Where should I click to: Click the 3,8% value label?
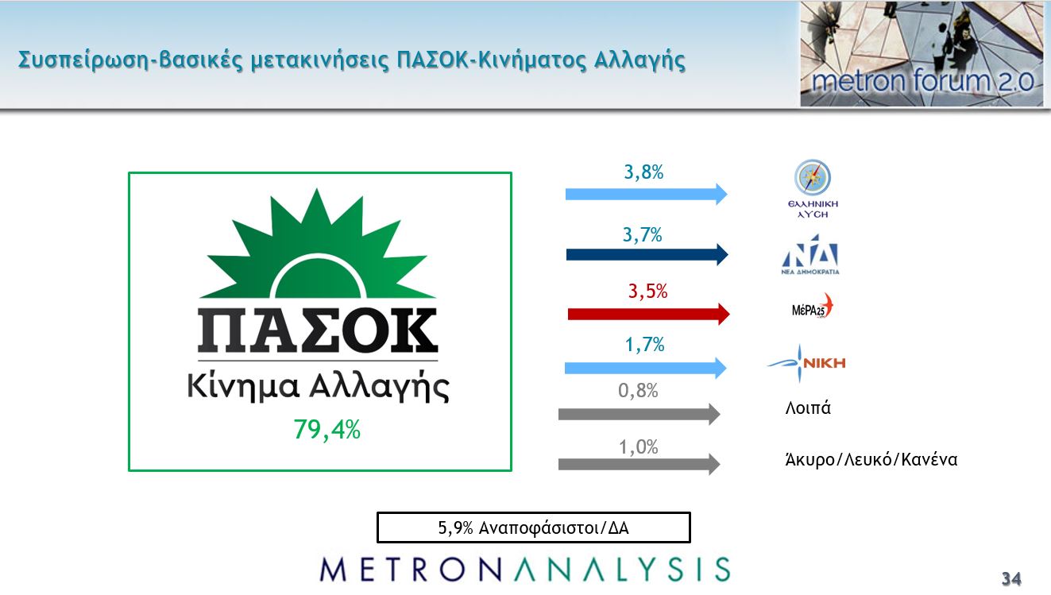tap(643, 172)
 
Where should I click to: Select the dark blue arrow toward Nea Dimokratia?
tap(647, 255)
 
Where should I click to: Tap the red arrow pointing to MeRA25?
tap(648, 314)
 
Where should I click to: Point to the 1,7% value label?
tap(644, 345)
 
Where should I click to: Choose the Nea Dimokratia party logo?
tap(810, 254)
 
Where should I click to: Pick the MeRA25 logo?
tap(812, 307)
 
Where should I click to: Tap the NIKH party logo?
tap(806, 363)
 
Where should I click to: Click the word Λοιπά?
tap(808, 408)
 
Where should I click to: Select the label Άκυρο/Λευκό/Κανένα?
tap(871, 459)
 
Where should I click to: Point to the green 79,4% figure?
tap(327, 429)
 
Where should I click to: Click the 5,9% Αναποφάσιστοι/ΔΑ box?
tap(534, 528)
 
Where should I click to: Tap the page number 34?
tap(1011, 578)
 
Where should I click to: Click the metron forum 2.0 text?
tap(922, 81)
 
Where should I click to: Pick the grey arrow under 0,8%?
tap(639, 415)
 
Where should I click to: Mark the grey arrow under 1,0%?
tap(639, 465)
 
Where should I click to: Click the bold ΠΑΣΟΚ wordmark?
tap(318, 330)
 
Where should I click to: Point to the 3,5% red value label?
tap(647, 292)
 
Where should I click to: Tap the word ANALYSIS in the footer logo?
tap(623, 570)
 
